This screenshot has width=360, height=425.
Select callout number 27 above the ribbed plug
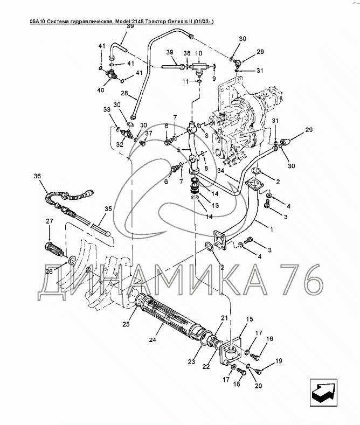point(49,221)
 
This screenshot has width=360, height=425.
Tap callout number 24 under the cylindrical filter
point(153,340)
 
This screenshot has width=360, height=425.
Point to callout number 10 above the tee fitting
point(198,53)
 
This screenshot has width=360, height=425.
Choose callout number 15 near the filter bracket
point(249,319)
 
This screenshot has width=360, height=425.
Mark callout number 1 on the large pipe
point(271,229)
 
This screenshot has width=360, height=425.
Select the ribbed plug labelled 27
point(54,251)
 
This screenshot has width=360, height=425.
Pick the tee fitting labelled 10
point(199,68)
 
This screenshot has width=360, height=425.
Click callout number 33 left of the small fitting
point(106,110)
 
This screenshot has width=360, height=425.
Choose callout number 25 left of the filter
point(126,324)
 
